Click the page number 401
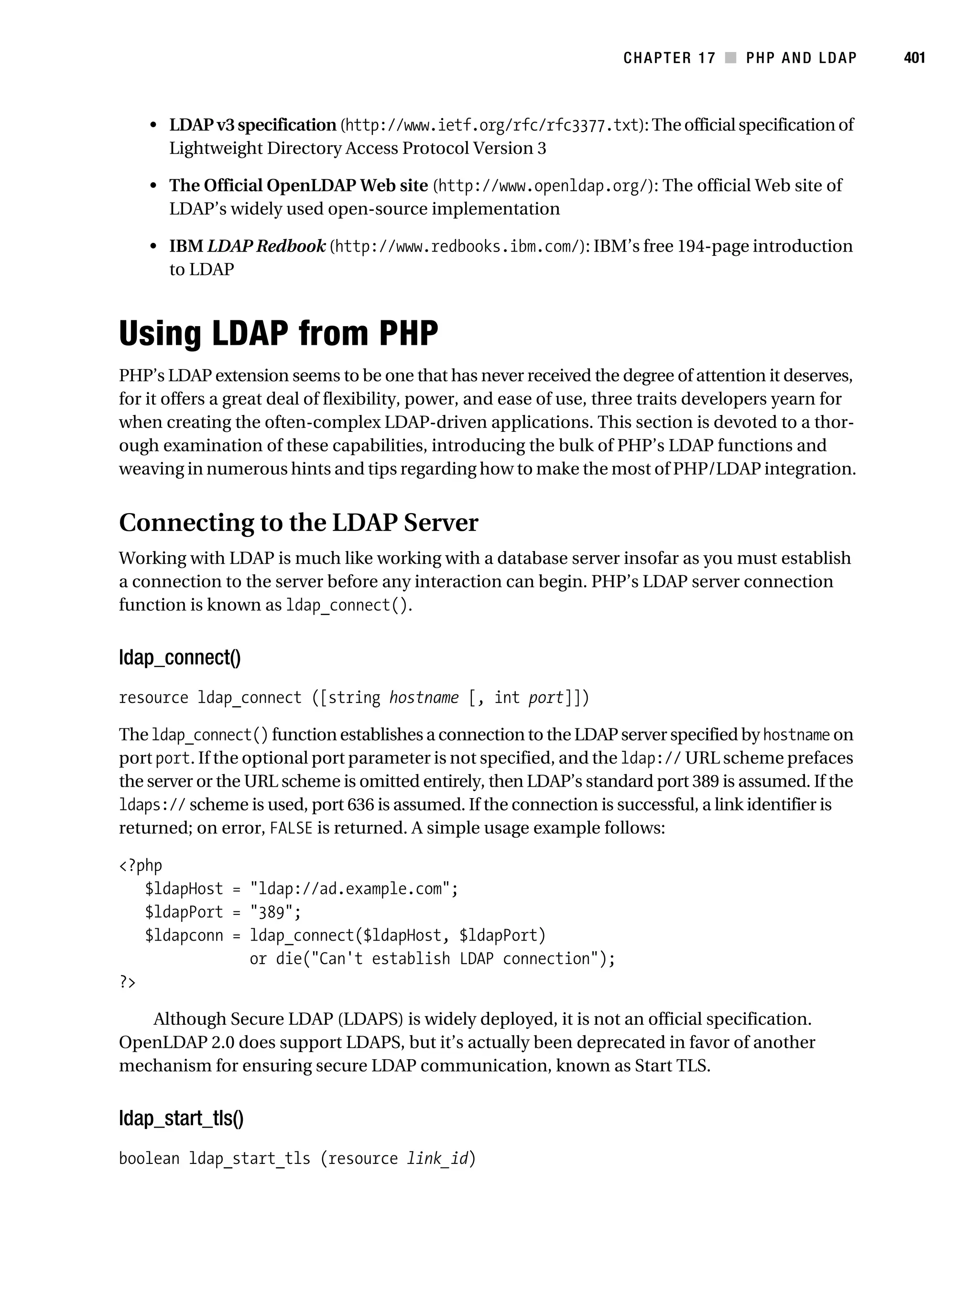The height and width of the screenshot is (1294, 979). (x=914, y=58)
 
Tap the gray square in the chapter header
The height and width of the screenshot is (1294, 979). (x=730, y=58)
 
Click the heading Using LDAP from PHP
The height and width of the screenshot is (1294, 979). (x=278, y=333)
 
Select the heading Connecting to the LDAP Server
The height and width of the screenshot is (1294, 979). (x=298, y=522)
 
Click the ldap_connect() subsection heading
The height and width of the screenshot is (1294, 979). (x=180, y=658)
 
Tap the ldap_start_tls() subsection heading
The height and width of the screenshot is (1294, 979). (x=181, y=1118)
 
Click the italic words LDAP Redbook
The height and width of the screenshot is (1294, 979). (x=266, y=246)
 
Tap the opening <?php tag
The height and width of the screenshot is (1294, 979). (x=141, y=865)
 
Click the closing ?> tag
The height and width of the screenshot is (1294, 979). (x=127, y=982)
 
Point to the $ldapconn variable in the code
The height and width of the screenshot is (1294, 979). (x=184, y=935)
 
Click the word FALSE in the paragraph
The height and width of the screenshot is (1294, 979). (x=291, y=828)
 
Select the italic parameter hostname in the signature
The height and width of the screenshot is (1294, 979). (x=424, y=698)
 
